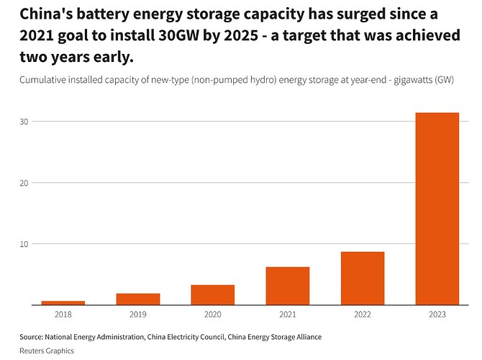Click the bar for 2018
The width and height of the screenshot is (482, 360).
[x=63, y=303]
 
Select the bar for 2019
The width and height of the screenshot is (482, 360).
[x=138, y=299]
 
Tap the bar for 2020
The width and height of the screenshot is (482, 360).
[x=213, y=295]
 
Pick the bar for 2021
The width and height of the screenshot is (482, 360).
[x=288, y=286]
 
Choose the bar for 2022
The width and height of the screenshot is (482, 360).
[x=363, y=279]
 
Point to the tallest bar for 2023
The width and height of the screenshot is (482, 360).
[x=437, y=209]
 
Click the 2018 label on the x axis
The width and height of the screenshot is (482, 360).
[x=63, y=315]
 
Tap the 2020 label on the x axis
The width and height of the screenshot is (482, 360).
[x=213, y=315]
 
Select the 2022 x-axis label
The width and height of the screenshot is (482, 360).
[x=363, y=315]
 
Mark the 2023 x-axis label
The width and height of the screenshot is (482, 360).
[x=437, y=315]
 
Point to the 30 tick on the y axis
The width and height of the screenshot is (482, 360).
[x=24, y=121]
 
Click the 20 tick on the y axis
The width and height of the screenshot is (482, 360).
[x=24, y=183]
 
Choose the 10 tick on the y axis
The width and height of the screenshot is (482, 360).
[x=24, y=244]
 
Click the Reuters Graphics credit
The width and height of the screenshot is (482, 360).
[x=47, y=351]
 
